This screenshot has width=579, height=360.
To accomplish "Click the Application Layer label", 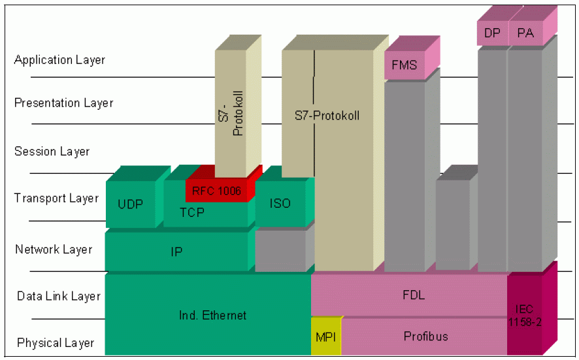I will pos(59,60).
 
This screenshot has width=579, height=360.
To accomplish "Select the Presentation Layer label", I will pos(63,103).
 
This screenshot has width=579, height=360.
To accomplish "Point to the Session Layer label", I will pos(52,152).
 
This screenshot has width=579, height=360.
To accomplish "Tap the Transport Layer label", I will pos(56,199).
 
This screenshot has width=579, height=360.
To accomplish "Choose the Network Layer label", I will pos(54,250).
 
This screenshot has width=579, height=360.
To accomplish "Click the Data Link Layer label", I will pos(59,297).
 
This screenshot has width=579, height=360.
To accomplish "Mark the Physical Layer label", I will pos(56,343).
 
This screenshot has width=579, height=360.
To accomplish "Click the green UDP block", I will pos(130,204).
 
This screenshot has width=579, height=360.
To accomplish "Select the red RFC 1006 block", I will pos(216,190).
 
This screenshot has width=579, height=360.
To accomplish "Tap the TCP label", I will pos(191,213).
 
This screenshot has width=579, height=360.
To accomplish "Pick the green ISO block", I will pos(280,203).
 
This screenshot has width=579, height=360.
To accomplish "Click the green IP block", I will pos(176,252).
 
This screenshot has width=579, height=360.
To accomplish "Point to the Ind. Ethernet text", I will pos(213,316).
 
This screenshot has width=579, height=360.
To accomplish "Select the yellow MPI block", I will pos(325,337).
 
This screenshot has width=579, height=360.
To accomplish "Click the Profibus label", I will pos(425,336).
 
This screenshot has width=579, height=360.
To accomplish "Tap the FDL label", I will pos(414,295).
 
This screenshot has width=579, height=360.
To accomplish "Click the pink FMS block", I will pos(405,65).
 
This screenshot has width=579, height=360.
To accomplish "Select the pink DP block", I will pos(492,33).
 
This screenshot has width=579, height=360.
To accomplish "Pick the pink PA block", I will pos(525,33).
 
